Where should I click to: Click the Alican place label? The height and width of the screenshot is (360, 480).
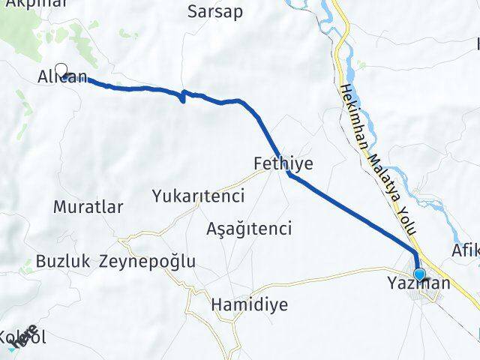63,77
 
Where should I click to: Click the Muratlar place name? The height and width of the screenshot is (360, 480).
88,208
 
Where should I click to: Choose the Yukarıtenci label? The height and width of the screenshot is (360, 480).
198,196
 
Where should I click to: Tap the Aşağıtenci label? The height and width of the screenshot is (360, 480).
249,228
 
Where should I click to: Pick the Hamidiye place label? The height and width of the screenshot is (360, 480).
238,305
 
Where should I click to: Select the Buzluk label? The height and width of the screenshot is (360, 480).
63,262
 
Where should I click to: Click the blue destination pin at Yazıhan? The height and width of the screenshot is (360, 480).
418,274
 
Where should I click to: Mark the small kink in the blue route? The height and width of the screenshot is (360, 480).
183,96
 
